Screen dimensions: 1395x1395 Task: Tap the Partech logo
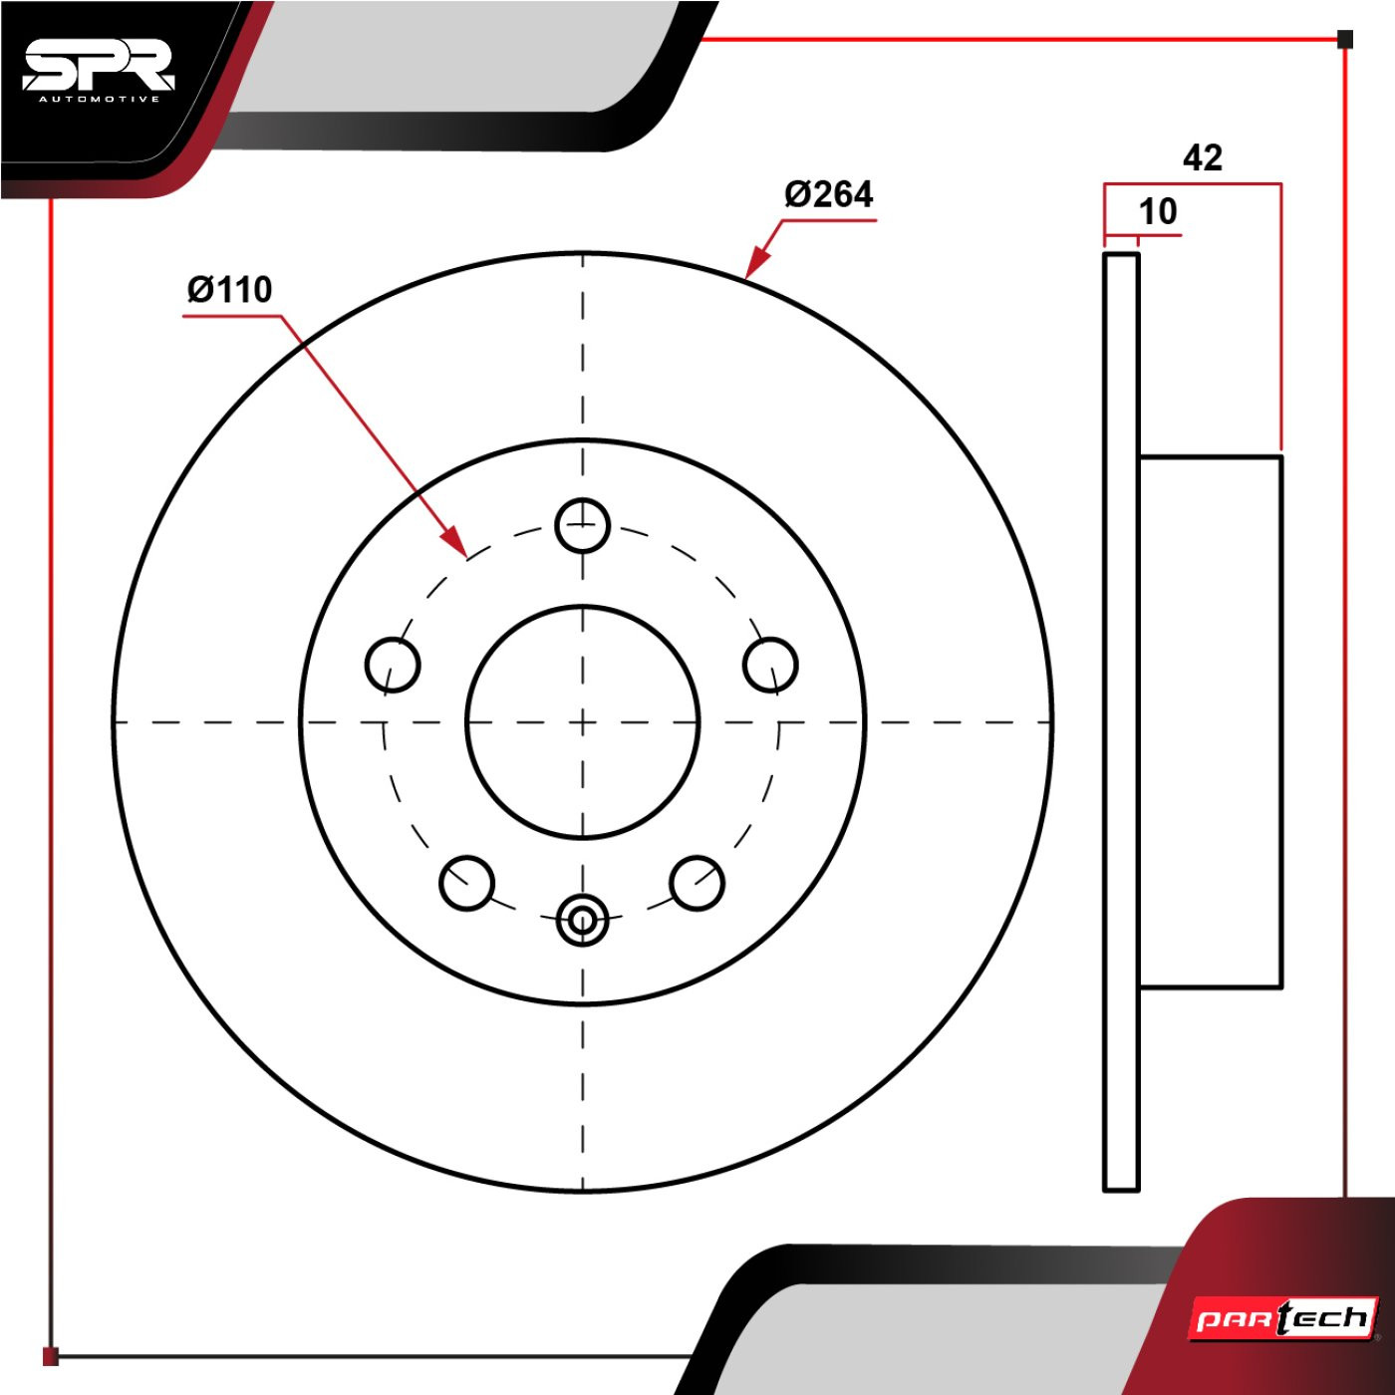click(x=1283, y=1318)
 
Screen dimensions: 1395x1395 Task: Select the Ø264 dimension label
click(x=829, y=194)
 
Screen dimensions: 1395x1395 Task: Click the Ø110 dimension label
click(x=229, y=290)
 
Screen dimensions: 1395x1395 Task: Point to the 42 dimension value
click(x=1203, y=157)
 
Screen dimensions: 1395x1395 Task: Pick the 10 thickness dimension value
click(x=1158, y=211)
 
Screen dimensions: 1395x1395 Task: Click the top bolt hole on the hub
click(x=582, y=525)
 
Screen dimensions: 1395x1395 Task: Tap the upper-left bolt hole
click(x=393, y=665)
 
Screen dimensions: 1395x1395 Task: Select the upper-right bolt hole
click(x=771, y=665)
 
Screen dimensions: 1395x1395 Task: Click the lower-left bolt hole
click(x=467, y=883)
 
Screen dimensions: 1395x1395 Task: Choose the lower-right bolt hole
click(x=697, y=883)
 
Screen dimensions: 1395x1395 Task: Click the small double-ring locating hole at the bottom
click(x=582, y=921)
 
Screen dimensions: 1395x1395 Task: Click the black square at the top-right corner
click(x=1344, y=39)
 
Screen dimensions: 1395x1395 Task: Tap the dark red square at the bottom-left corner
click(x=50, y=1356)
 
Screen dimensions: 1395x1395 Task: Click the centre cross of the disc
click(x=582, y=721)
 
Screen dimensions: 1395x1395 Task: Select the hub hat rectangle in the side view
click(x=1211, y=721)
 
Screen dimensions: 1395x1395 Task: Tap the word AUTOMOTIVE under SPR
click(x=99, y=100)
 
